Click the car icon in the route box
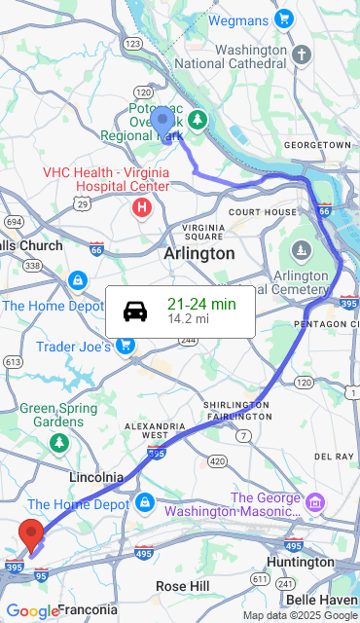(135, 311)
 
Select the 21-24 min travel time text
(201, 304)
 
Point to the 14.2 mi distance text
(188, 319)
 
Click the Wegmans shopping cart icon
(284, 19)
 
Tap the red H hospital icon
(142, 207)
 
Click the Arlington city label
(198, 253)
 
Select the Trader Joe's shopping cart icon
(126, 346)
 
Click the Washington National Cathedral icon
(302, 54)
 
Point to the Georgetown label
(317, 145)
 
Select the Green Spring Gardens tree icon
(60, 443)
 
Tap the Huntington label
(300, 563)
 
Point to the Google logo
(32, 611)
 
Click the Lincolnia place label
(96, 478)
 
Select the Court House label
(263, 211)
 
